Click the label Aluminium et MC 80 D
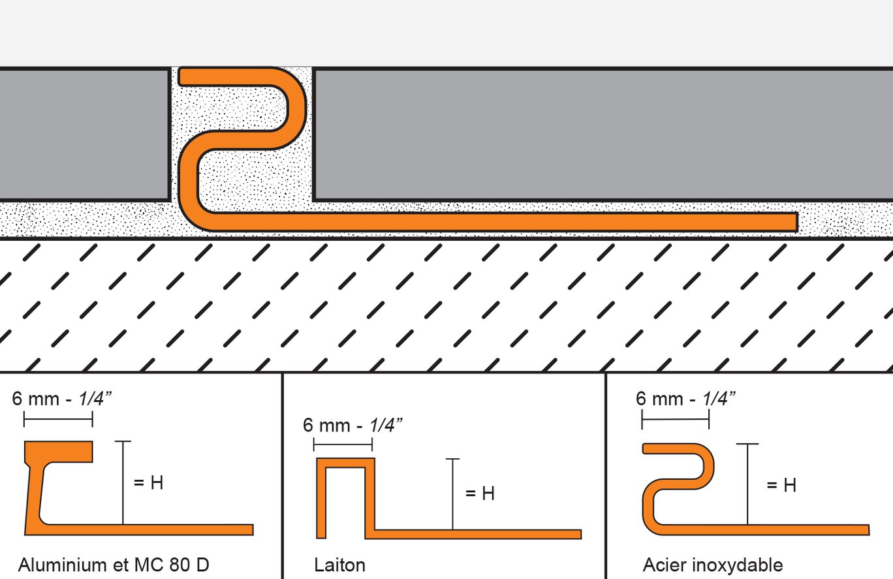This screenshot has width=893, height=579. (114, 565)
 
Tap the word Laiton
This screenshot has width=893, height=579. (339, 565)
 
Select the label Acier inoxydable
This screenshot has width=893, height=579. (713, 565)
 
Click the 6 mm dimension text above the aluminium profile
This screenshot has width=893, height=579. (62, 398)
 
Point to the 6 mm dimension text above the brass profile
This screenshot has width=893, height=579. (352, 425)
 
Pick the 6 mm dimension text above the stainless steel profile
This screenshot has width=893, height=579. (685, 398)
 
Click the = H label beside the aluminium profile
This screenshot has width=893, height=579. (149, 483)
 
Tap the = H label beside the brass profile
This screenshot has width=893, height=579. (480, 493)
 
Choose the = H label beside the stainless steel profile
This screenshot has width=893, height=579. (781, 485)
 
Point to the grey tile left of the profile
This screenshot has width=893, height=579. (84, 134)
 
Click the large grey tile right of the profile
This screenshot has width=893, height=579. (602, 134)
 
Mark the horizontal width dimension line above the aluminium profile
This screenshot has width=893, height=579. (58, 420)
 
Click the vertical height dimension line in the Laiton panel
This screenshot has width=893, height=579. (452, 494)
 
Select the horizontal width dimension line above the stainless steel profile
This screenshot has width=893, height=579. (676, 420)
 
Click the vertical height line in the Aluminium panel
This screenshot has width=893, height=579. (123, 482)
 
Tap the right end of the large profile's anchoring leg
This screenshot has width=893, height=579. (797, 222)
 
